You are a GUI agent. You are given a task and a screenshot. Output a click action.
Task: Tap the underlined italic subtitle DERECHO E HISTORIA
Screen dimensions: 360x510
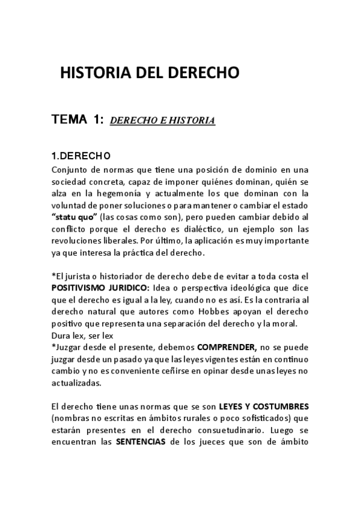(x=162, y=120)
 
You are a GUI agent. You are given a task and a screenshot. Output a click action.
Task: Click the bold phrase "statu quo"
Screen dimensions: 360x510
(x=75, y=217)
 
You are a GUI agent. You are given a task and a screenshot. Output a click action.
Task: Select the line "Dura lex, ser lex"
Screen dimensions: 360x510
(x=83, y=336)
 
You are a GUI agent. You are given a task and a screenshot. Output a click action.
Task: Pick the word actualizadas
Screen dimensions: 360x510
(x=76, y=383)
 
